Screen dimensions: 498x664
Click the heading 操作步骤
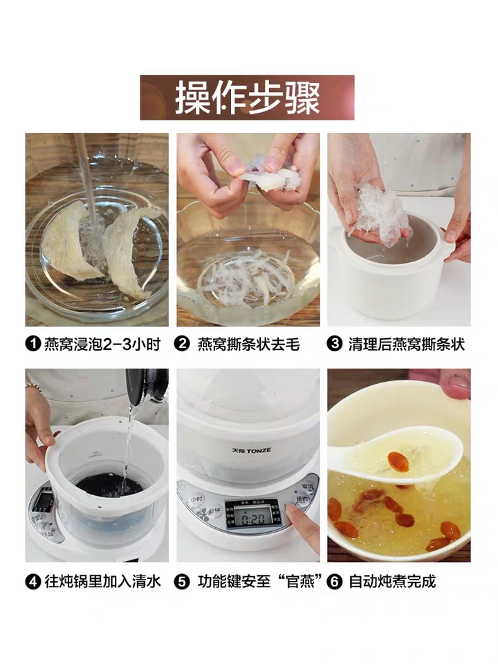(x=248, y=98)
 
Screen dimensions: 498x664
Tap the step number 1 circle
(x=33, y=344)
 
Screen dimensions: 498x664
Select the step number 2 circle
(x=182, y=344)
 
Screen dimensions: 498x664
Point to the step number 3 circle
(x=334, y=344)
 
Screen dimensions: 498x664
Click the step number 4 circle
(x=33, y=582)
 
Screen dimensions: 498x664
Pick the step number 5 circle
(x=182, y=582)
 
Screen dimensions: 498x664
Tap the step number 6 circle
(x=334, y=582)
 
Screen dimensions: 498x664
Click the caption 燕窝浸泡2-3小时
(x=102, y=344)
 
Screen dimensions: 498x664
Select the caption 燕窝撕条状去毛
(x=248, y=344)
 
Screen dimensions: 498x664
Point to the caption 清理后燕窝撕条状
(x=407, y=344)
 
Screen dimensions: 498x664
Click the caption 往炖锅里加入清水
(x=102, y=582)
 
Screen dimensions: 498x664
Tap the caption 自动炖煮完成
(x=392, y=582)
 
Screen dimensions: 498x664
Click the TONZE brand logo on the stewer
(x=252, y=450)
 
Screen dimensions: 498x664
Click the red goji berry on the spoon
(x=398, y=462)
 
